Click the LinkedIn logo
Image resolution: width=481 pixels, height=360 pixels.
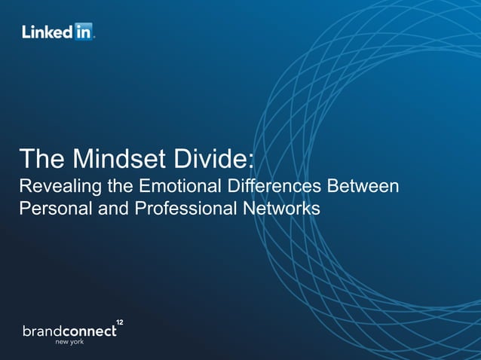point(57,32)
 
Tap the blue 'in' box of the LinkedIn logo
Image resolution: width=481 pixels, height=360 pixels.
point(82,32)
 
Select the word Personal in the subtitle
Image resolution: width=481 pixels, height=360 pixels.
point(54,208)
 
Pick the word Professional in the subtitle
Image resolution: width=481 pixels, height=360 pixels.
point(181,208)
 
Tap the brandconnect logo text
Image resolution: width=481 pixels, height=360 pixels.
point(69,331)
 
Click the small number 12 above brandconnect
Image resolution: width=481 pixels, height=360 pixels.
point(119,322)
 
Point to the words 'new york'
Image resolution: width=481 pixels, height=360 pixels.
point(69,343)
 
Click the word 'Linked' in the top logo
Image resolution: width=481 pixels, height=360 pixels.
point(47,32)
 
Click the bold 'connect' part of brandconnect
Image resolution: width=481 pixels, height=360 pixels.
point(90,331)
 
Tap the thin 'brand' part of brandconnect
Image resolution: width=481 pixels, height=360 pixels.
point(42,331)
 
